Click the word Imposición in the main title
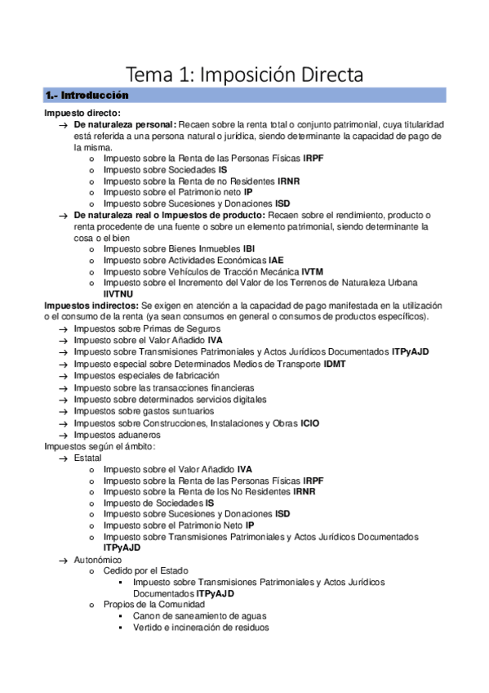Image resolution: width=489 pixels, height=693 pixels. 265,77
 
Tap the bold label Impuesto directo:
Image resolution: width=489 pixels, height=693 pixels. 82,113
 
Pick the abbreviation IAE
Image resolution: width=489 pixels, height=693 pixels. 276,260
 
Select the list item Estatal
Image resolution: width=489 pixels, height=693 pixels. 87,458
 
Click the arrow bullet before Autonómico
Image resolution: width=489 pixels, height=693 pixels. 64,560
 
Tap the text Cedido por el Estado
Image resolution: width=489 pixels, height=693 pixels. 146,571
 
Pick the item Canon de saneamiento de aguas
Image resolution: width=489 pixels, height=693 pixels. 200,616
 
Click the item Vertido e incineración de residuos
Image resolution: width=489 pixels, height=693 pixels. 201,628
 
